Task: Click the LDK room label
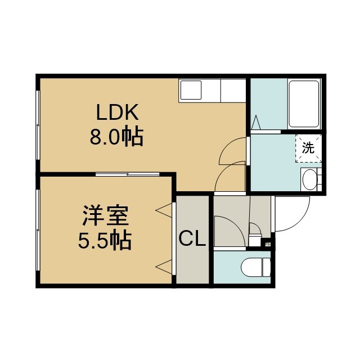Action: (x=118, y=112)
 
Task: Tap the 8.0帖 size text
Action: (x=116, y=137)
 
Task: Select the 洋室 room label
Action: (x=106, y=216)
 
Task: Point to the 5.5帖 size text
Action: (x=105, y=241)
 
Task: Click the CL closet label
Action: (x=192, y=238)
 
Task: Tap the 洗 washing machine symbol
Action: (x=308, y=148)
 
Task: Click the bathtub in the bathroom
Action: (x=304, y=103)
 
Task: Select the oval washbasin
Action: (x=310, y=180)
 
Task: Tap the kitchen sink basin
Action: (x=191, y=90)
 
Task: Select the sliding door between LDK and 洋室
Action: (x=128, y=174)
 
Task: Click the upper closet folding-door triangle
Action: (x=164, y=210)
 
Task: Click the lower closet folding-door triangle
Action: (x=164, y=267)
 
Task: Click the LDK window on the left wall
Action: (x=38, y=125)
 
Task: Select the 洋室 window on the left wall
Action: (x=38, y=230)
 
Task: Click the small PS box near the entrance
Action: (x=268, y=244)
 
